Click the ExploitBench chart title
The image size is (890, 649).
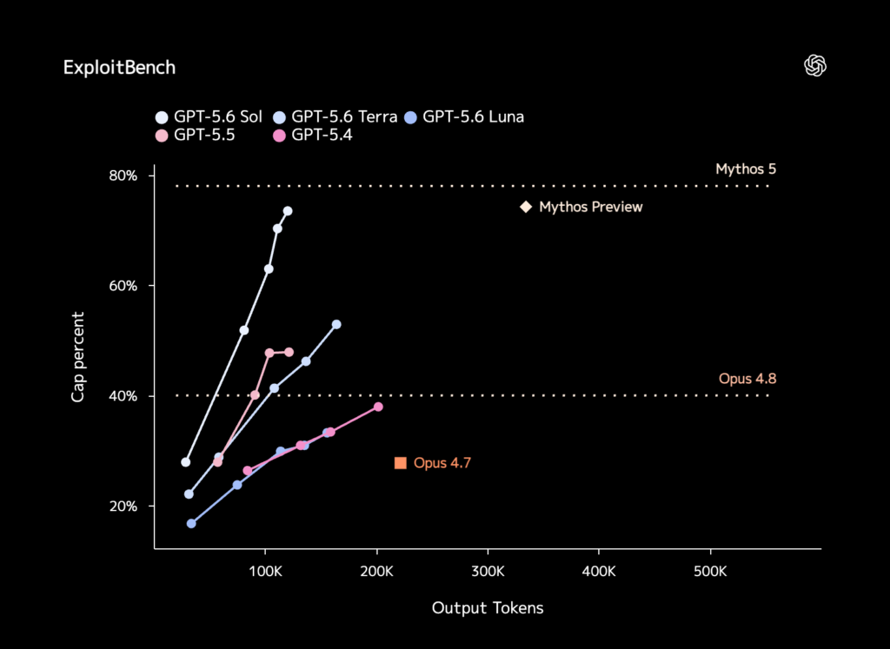(119, 68)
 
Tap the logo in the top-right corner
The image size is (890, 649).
(815, 66)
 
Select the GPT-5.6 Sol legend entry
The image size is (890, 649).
(209, 117)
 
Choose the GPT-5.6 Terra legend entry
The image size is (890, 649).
(335, 117)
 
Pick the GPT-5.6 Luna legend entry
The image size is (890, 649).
(464, 117)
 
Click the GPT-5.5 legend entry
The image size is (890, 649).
(196, 135)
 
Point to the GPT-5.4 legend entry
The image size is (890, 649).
(313, 135)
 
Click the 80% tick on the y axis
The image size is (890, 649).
(123, 175)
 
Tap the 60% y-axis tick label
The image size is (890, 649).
(123, 286)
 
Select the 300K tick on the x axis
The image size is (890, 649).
(488, 572)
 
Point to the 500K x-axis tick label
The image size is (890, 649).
(710, 572)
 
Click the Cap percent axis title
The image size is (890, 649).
(77, 357)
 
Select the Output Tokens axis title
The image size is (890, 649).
(488, 608)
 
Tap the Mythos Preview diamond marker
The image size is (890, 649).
(526, 207)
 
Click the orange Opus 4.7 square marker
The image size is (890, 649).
(400, 463)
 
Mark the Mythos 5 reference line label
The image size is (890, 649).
(745, 169)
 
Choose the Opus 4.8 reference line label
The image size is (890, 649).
(747, 379)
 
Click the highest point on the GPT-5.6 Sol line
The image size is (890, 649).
(288, 211)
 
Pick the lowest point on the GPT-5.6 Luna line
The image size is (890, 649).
(191, 523)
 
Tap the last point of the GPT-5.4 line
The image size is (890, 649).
(378, 407)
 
